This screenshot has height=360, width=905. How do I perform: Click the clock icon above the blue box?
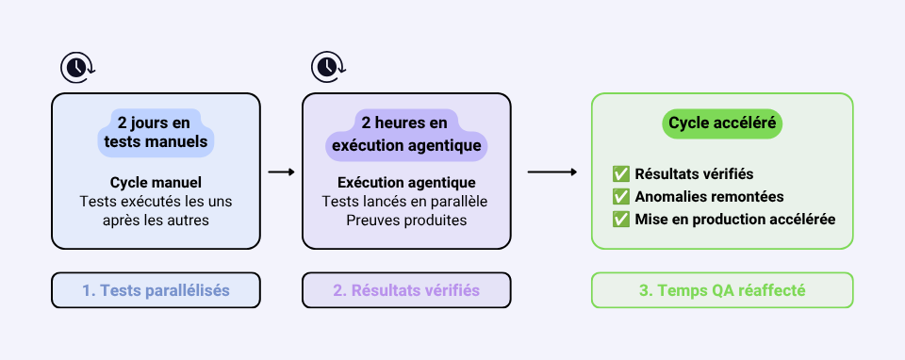[x=77, y=68]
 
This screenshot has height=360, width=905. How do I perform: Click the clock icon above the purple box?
[x=328, y=68]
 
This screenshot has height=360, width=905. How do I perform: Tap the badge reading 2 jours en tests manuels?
[x=156, y=132]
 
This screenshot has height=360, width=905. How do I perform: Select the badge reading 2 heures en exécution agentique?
[x=406, y=134]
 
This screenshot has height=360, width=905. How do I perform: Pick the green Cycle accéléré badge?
[x=722, y=123]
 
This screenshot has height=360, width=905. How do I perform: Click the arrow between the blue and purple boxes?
[x=282, y=172]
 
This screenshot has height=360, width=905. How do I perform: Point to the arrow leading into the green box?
[x=552, y=172]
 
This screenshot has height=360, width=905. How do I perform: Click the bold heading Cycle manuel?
[x=156, y=183]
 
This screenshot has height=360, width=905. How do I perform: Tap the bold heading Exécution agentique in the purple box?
[x=406, y=183]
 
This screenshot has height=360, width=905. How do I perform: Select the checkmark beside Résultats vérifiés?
[x=621, y=173]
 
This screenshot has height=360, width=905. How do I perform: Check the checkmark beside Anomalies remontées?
[x=621, y=197]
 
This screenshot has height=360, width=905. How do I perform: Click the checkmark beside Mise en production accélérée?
[x=621, y=220]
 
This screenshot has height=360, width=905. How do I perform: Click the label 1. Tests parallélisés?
[x=156, y=290]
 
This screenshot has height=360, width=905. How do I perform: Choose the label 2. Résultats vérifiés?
[x=406, y=290]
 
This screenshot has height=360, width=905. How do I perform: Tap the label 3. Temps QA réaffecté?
[x=722, y=290]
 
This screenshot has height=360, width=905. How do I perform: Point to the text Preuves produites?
[x=406, y=221]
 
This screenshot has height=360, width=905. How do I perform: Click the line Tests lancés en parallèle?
[x=406, y=202]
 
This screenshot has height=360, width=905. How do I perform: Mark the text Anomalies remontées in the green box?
[x=709, y=197]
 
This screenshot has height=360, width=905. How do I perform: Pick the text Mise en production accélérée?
[x=735, y=220]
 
